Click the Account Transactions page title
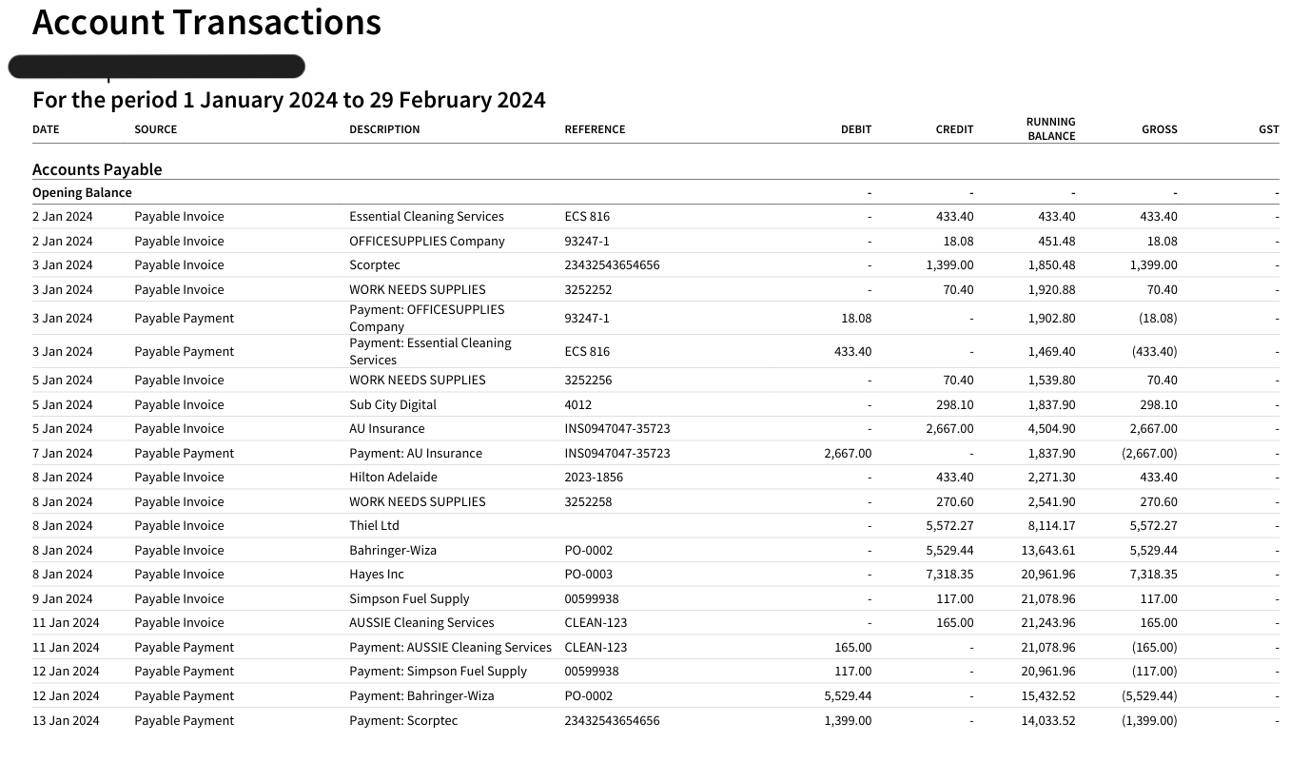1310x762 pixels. (206, 22)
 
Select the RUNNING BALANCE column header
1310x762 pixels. (1051, 128)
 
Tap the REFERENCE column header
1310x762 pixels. (595, 129)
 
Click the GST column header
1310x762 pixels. (1268, 129)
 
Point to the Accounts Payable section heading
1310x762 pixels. (97, 169)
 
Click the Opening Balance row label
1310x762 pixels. (82, 192)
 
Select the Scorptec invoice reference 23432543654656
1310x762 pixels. (612, 264)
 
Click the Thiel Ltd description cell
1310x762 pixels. (374, 525)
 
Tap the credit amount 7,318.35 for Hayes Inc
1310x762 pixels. (949, 574)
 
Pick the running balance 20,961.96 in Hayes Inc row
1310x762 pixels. (1048, 574)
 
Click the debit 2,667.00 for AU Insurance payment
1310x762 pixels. (848, 453)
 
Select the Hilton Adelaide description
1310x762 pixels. (393, 478)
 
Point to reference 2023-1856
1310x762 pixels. (594, 478)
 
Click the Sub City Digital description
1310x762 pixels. (392, 404)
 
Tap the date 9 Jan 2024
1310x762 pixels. (63, 598)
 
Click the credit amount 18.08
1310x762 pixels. (958, 241)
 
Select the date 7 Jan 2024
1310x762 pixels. (63, 453)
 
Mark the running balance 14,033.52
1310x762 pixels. (1048, 720)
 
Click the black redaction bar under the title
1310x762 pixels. (157, 67)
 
